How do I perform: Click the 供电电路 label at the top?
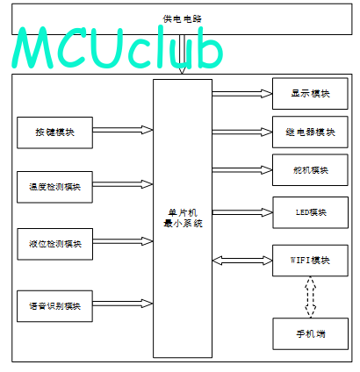[x=183, y=19]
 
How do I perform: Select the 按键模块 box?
[x=55, y=132]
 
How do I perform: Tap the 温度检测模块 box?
[x=55, y=187]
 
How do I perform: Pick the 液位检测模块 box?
[x=55, y=244]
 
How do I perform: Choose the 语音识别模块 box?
[x=55, y=306]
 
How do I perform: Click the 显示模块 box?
[x=310, y=94]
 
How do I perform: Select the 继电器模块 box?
[x=310, y=132]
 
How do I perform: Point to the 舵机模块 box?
[x=310, y=170]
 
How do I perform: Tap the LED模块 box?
[x=311, y=212]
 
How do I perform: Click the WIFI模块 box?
[x=310, y=261]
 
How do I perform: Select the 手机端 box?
[x=311, y=334]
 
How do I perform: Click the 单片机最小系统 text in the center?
[x=183, y=218]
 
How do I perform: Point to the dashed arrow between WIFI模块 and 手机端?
[x=311, y=297]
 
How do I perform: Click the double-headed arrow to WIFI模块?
[x=242, y=261]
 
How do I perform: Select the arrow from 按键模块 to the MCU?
[x=123, y=130]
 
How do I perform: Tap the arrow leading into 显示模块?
[x=242, y=94]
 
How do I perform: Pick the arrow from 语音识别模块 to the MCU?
[x=123, y=304]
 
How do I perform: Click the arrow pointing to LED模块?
[x=242, y=212]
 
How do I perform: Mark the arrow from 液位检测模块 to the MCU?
[x=123, y=241]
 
